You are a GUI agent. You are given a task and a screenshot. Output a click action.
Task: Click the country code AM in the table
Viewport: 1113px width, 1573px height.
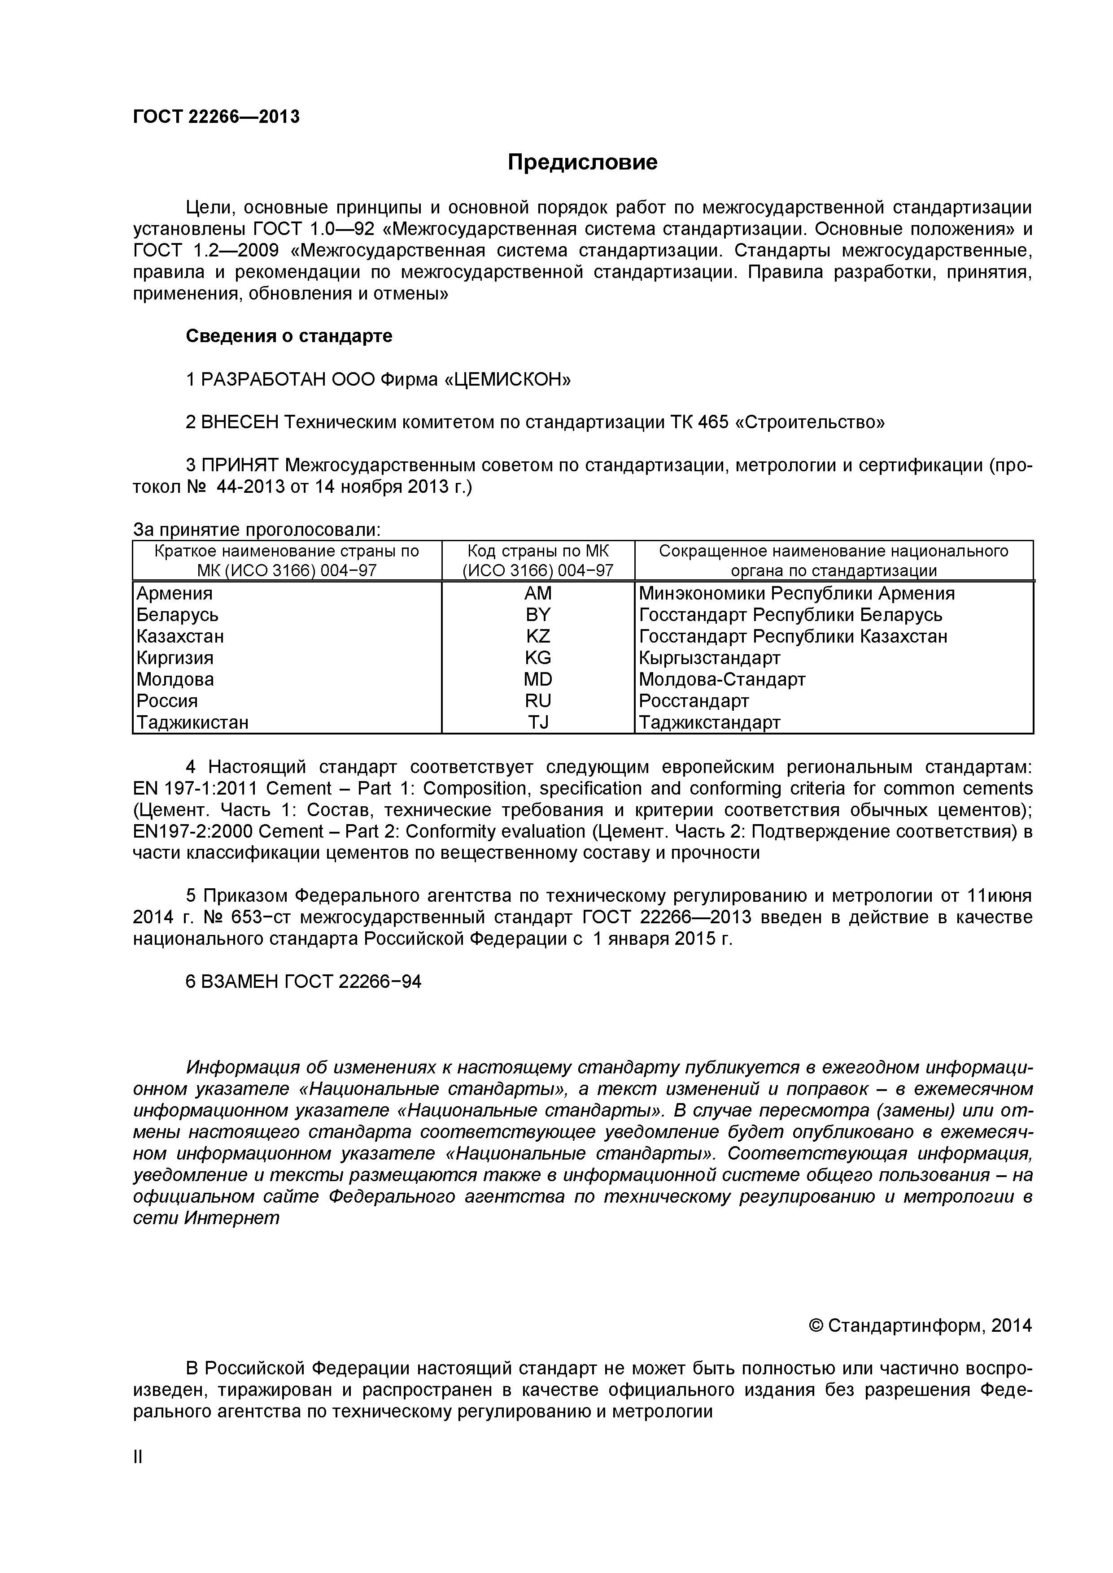click(x=538, y=593)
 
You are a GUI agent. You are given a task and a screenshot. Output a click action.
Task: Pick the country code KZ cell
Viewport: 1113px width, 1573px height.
click(x=538, y=636)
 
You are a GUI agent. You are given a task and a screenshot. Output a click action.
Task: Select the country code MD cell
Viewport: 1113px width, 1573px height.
click(x=538, y=680)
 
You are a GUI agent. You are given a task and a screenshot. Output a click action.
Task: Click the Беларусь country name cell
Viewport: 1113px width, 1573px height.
click(x=178, y=615)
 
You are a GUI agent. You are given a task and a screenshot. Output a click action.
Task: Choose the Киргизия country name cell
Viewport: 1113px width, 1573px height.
click(x=175, y=658)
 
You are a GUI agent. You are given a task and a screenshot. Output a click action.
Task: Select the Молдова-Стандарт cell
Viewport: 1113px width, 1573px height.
click(x=722, y=680)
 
